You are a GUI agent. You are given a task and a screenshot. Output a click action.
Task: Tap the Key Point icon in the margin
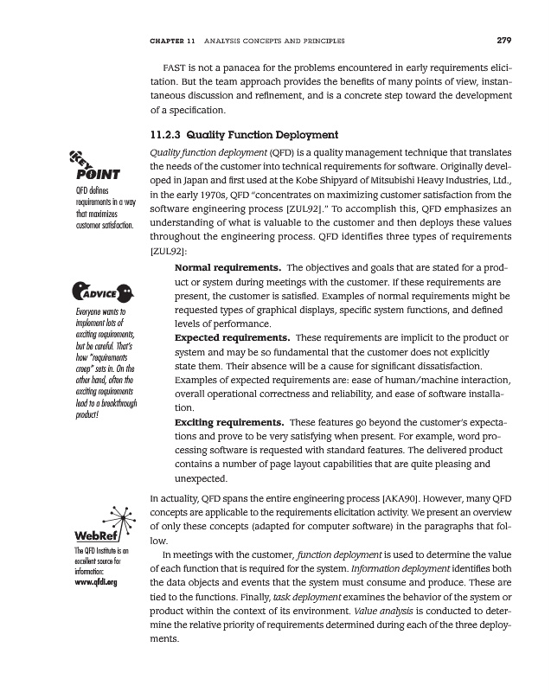(x=90, y=164)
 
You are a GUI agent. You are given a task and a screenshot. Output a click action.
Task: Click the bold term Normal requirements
(x=227, y=267)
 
